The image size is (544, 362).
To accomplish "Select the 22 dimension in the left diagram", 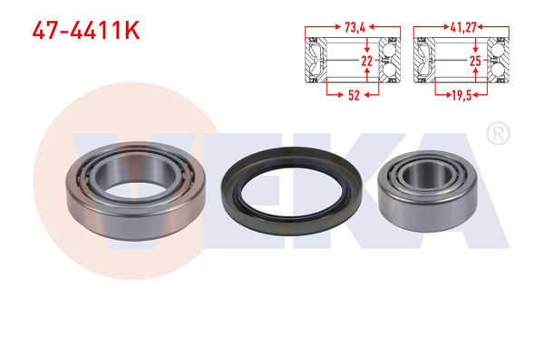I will point(366,61).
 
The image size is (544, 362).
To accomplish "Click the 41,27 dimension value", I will point(462,27).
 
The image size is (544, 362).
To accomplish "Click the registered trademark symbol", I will point(498,136).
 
